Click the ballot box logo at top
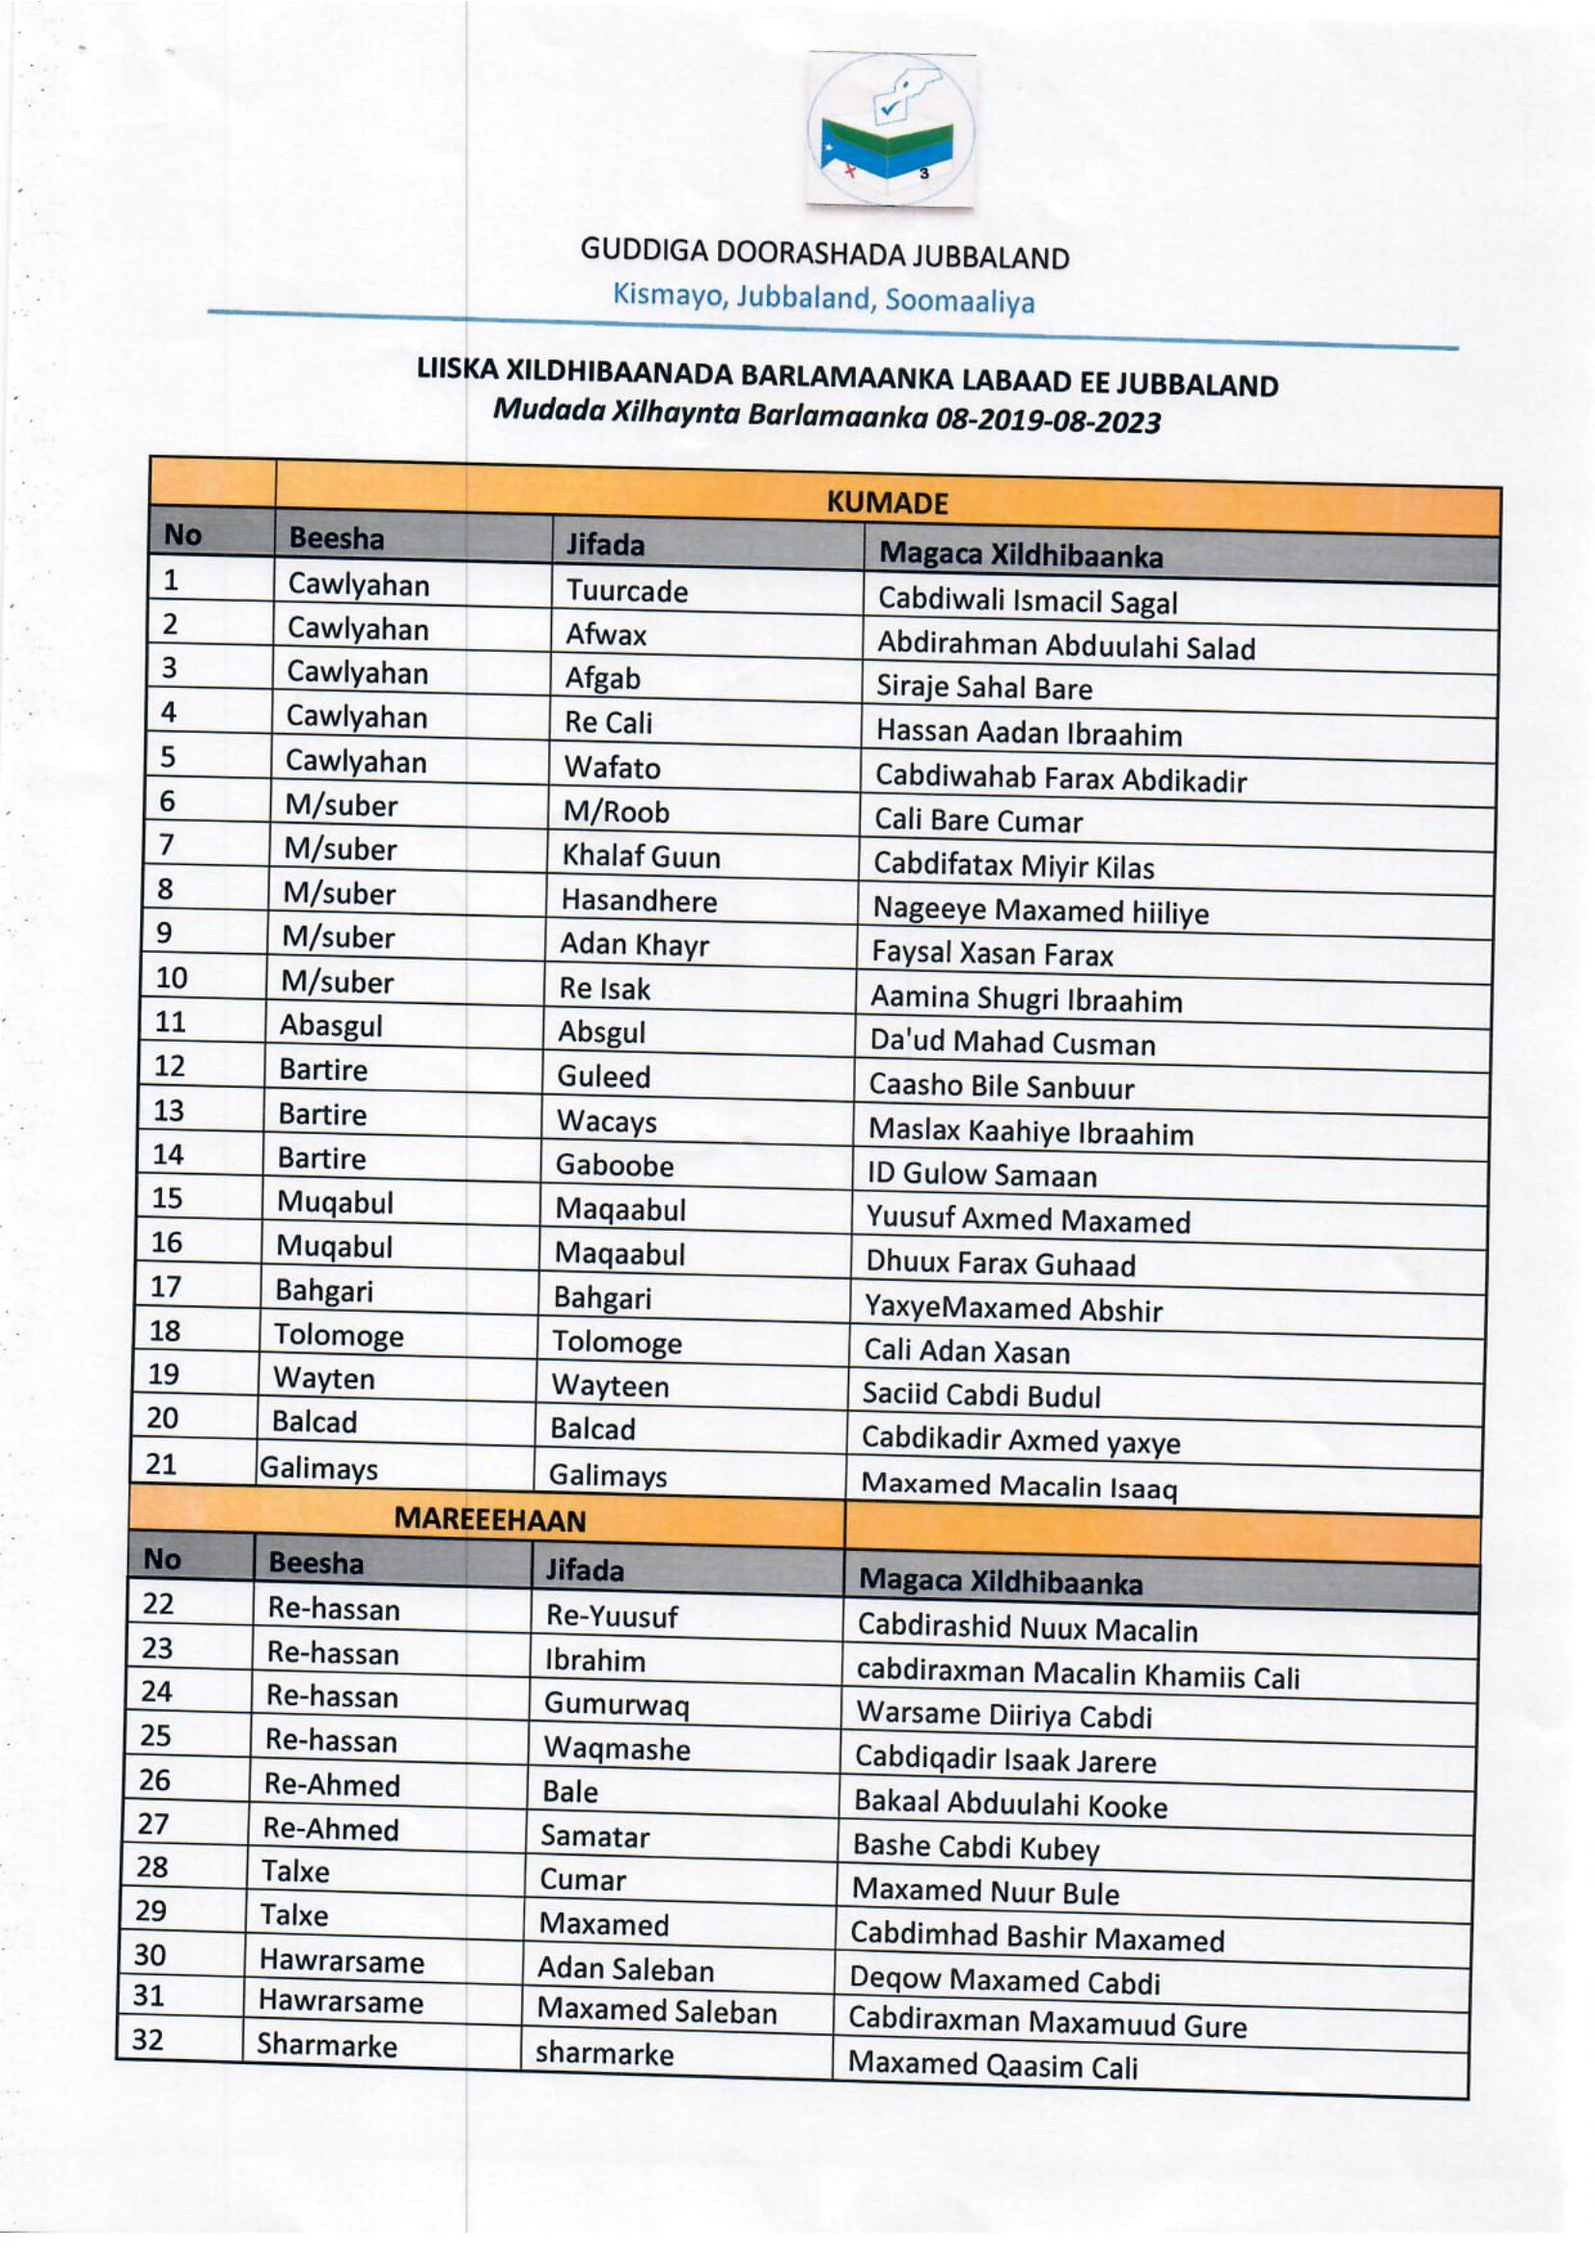tap(890, 129)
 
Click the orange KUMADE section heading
tap(887, 503)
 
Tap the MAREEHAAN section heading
tap(488, 1519)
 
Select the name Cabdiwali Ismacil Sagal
tap(1027, 600)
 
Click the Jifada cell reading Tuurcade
tap(626, 590)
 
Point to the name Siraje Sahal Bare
tap(984, 687)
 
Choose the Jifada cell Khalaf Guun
tap(641, 856)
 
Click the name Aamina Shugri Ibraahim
tap(1026, 998)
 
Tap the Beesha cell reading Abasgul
tap(330, 1025)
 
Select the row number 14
tap(168, 1154)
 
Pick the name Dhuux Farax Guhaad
tap(1000, 1263)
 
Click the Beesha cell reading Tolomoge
tap(338, 1335)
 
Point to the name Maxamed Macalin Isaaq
tap(1018, 1485)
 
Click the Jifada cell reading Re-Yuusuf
tap(611, 1616)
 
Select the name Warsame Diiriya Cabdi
tap(1004, 1715)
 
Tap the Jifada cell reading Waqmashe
tap(617, 1748)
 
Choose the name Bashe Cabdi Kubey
tap(975, 1847)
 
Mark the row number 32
tap(148, 2039)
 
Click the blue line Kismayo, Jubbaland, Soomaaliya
tap(823, 298)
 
